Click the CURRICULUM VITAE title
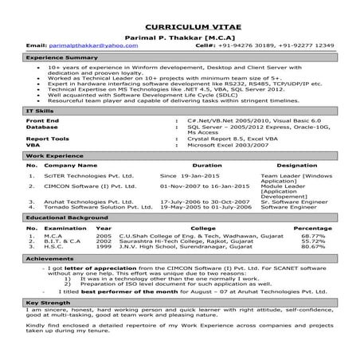click(179, 26)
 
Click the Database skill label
click(46, 126)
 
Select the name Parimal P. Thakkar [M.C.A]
click(179, 37)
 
